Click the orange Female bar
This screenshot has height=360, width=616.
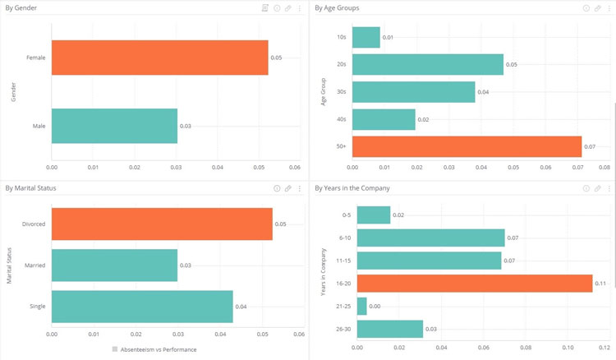click(159, 58)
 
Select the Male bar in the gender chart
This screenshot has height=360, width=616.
click(114, 126)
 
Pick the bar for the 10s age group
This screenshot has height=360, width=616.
click(369, 37)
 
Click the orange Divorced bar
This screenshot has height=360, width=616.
click(162, 224)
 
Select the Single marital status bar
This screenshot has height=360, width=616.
click(142, 307)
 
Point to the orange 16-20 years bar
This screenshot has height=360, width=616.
click(475, 283)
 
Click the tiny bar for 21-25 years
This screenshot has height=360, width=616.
click(361, 306)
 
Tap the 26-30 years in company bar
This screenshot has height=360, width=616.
click(389, 329)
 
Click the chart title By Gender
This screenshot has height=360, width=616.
click(21, 7)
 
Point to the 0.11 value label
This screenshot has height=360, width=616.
click(600, 284)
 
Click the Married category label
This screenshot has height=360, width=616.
click(34, 265)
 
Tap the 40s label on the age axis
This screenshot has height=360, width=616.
click(341, 120)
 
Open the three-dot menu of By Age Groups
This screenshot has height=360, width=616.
click(609, 7)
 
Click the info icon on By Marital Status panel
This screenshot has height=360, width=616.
click(277, 188)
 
